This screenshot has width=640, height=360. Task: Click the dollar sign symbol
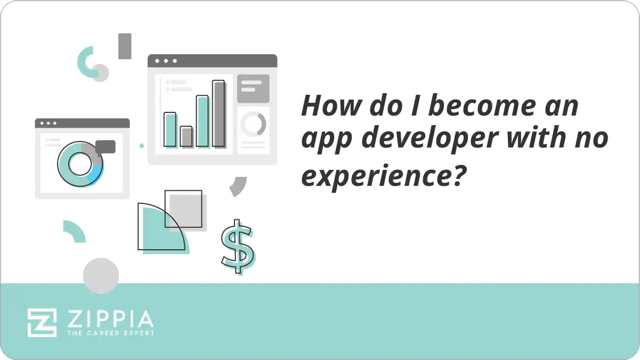[238, 246]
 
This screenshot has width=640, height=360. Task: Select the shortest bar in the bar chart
[186, 136]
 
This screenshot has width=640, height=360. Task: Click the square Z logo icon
[42, 322]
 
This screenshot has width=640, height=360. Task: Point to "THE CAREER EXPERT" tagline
[110, 333]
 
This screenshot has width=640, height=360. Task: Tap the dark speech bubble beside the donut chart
[106, 146]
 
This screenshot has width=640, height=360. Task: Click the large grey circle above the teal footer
[101, 275]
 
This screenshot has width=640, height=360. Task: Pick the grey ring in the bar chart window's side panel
[253, 124]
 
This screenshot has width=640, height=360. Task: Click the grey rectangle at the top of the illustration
[125, 46]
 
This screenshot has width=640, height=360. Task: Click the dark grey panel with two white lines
[253, 88]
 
